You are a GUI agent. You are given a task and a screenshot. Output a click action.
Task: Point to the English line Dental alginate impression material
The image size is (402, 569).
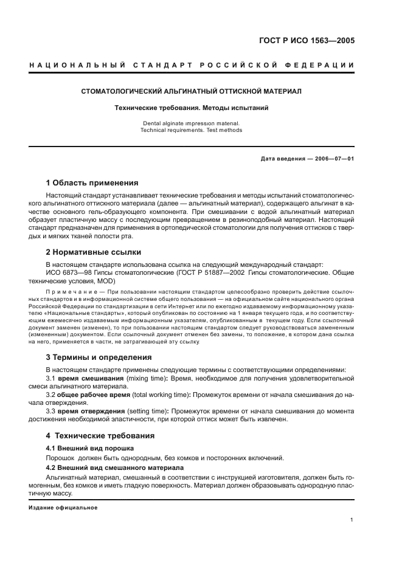[191, 123]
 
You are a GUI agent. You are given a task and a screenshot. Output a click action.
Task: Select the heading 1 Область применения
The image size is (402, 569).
[92, 182]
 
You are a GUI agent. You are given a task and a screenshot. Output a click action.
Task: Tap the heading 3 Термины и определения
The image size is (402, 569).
[99, 357]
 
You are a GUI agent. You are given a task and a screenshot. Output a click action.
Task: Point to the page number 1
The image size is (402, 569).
[353, 520]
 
